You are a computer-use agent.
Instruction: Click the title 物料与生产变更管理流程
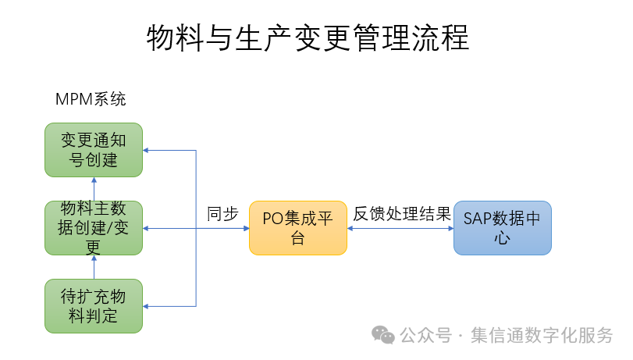[x=308, y=37]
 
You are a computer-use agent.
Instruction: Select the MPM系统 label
[x=91, y=99]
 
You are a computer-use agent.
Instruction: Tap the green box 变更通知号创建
[x=94, y=149]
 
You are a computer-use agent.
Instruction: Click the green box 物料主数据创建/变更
[x=94, y=227]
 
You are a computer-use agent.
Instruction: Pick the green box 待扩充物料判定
[x=94, y=305]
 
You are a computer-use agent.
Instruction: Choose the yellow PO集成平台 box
[x=297, y=228]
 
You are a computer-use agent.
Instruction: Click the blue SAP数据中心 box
[x=502, y=228]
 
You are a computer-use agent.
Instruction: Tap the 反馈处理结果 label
[x=401, y=214]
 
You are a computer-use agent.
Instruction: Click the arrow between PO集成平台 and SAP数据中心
[x=400, y=228]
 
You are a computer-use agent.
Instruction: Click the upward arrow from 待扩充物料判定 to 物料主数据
[x=94, y=267]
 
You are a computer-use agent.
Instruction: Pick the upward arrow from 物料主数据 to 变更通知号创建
[x=94, y=188]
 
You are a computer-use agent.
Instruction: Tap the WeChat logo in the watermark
[x=382, y=334]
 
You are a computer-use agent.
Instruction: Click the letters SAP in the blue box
[x=476, y=219]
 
